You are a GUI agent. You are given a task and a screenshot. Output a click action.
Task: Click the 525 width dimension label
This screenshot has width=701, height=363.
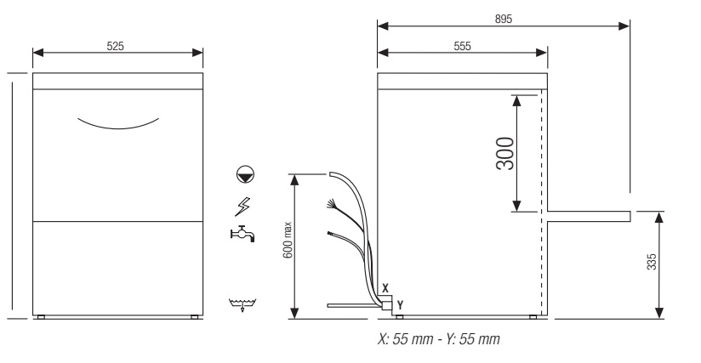(x=115, y=46)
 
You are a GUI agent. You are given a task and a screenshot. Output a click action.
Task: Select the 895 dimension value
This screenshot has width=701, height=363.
(x=504, y=20)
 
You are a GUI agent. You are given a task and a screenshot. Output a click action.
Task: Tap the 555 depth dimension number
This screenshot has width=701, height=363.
(x=462, y=46)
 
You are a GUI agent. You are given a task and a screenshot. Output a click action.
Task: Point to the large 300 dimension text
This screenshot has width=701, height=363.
(x=505, y=153)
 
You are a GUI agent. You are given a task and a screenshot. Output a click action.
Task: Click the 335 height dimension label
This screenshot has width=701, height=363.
(x=652, y=262)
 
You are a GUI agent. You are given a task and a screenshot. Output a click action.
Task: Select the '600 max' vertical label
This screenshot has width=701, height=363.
(x=288, y=241)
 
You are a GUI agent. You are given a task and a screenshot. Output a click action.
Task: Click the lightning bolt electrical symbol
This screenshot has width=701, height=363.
(x=242, y=207)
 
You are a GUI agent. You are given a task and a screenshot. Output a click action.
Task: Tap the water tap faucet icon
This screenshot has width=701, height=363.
(x=242, y=234)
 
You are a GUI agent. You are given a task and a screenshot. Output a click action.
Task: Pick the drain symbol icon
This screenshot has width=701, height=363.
(x=242, y=304)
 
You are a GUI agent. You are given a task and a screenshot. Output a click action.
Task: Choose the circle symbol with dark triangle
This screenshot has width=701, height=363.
(x=245, y=174)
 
